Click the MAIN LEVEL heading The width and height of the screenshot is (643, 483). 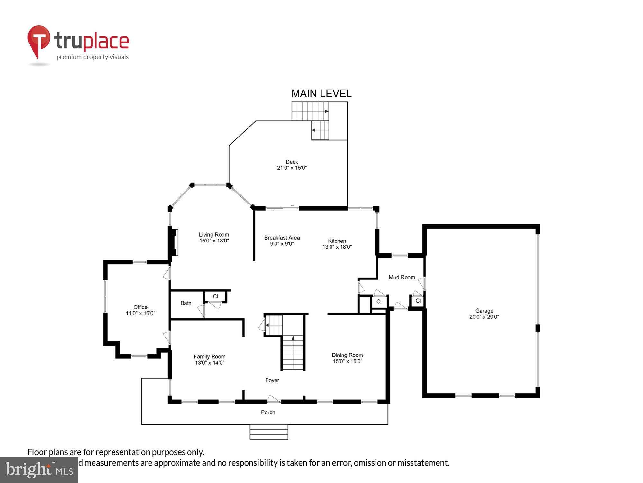tap(321, 94)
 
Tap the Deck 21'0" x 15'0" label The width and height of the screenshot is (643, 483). tap(292, 165)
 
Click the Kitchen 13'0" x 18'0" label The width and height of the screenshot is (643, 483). tap(337, 244)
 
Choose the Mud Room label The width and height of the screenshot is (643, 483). tap(402, 277)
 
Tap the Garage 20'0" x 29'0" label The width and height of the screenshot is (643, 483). tap(484, 314)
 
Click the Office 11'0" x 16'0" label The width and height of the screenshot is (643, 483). tap(140, 310)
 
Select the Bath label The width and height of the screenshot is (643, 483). tap(186, 303)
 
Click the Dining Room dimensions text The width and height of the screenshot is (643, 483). tap(347, 361)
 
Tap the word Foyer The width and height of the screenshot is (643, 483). tap(272, 380)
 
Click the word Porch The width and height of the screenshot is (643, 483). tap(268, 412)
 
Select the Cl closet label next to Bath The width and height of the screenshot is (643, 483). tap(215, 296)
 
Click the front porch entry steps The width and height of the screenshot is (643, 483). tap(269, 432)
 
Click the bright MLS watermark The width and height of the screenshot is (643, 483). tap(39, 470)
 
